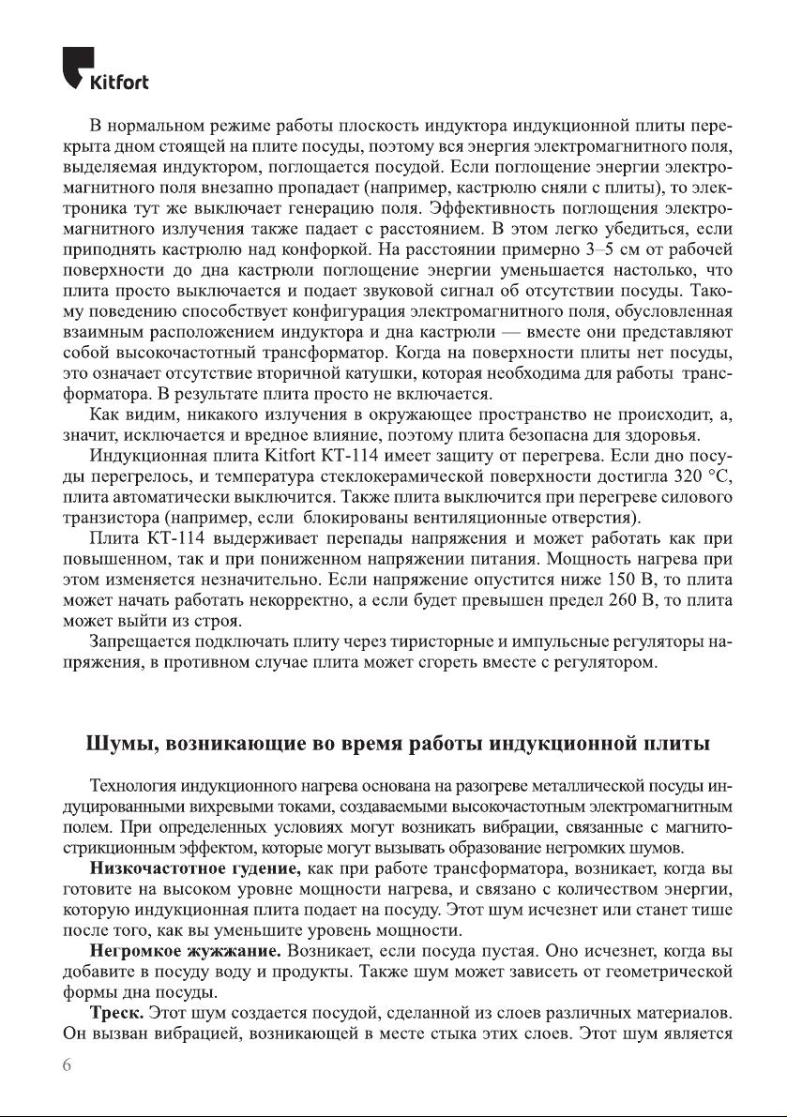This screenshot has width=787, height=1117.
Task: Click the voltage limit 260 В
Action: [610, 600]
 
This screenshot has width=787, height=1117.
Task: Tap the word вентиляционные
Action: [491, 518]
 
